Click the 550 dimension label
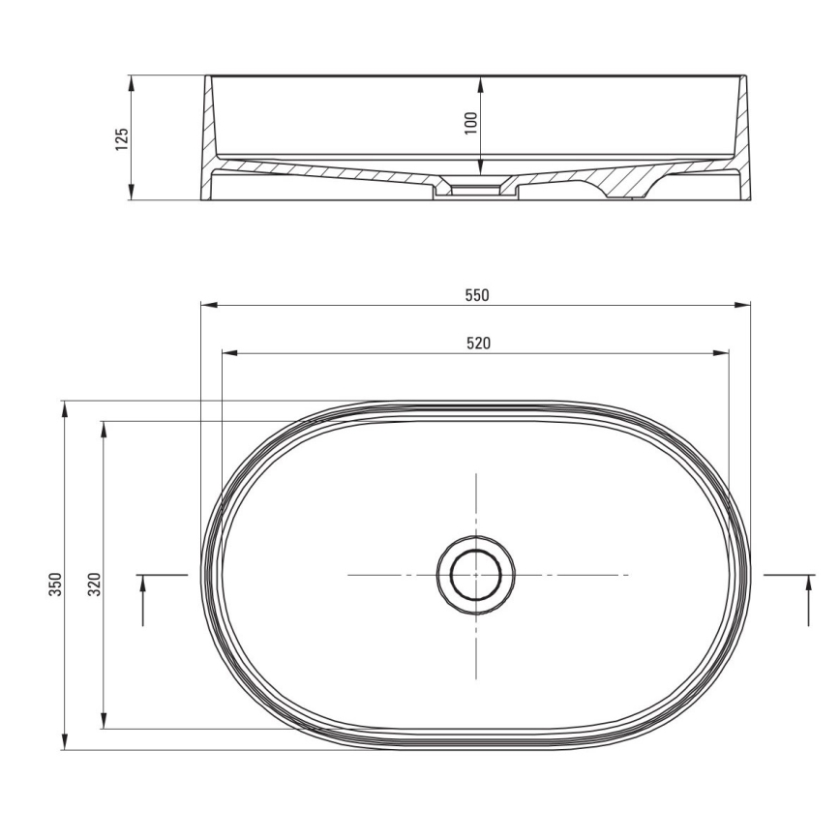475,295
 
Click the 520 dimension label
475,343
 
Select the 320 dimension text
94,585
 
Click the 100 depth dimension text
471,123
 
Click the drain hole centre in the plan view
475,575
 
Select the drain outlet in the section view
475,190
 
